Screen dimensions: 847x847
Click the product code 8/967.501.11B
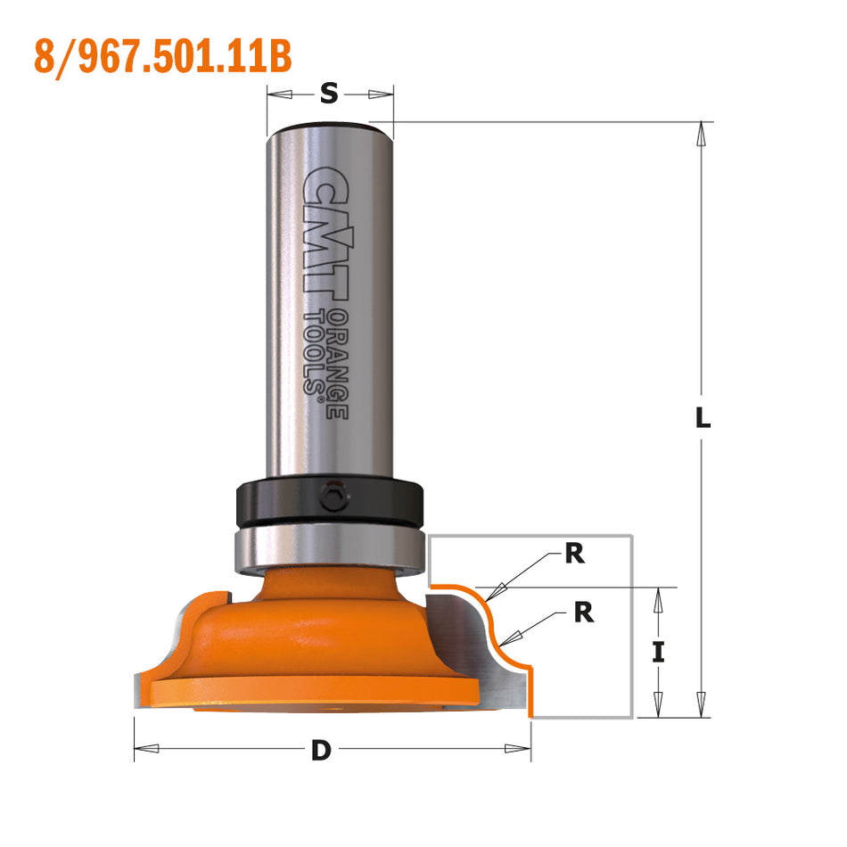[163, 55]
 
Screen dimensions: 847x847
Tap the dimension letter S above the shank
[329, 92]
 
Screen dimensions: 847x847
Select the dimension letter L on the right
[703, 416]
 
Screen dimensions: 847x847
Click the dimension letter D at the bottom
[321, 751]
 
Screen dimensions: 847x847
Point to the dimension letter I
[658, 652]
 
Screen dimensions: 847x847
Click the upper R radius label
[574, 555]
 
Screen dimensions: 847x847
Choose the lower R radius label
[583, 613]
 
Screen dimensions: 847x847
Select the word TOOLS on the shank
[314, 352]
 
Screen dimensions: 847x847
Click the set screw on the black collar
[333, 497]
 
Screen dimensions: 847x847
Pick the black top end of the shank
[330, 124]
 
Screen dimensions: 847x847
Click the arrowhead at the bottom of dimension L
[703, 706]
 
